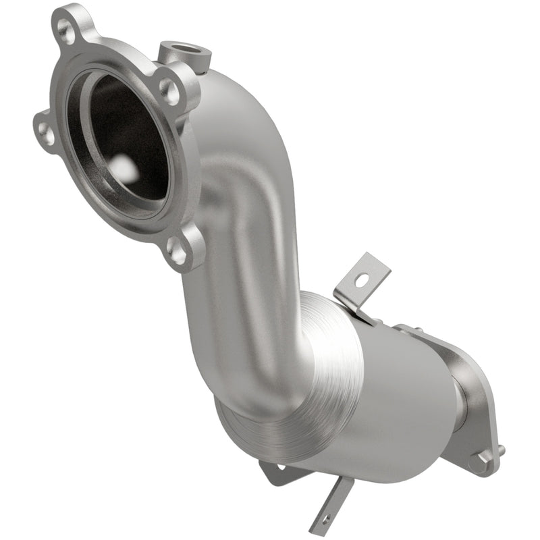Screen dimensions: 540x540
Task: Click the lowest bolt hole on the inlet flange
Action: point(178,252)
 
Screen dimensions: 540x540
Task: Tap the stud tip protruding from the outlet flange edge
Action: point(500,449)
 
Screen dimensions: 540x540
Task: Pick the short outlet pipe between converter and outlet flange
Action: point(459,405)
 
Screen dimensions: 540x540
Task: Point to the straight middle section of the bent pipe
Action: point(223,270)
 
